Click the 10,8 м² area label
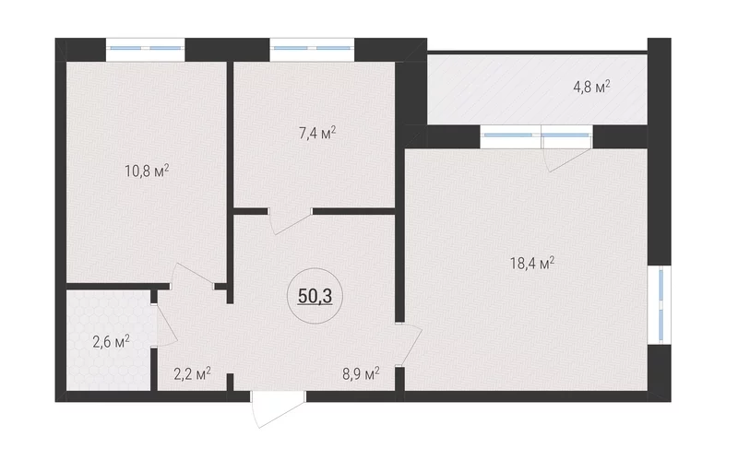pos(147,171)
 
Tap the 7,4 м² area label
pos(317,134)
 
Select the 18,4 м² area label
pos(532,264)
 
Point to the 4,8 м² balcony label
pos(591,87)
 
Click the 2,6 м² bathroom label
pos(111,342)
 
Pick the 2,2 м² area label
pos(192,374)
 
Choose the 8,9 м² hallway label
pos(361,374)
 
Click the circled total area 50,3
pos(315,296)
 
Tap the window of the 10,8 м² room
pos(146,48)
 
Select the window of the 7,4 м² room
pos(312,48)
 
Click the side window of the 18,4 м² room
pos(660,305)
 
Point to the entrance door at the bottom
pos(279,409)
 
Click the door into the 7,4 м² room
pos(290,221)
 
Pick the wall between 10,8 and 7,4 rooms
pos(230,183)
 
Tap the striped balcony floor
pos(537,89)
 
